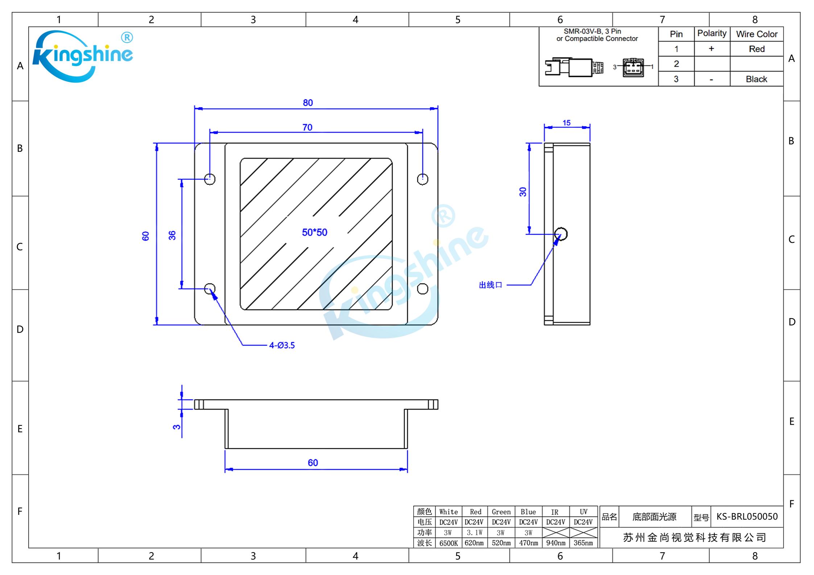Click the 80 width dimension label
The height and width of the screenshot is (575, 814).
pos(308,103)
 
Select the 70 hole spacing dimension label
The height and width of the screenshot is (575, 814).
pos(307,128)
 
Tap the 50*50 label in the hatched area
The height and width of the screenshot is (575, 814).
pos(314,232)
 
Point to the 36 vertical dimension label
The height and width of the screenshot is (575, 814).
pos(172,236)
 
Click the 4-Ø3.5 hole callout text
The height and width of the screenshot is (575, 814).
pos(282,345)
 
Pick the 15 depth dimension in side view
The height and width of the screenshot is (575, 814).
pos(566,123)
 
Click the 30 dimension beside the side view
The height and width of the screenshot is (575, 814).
pos(523,192)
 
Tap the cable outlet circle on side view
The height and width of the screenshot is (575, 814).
pos(561,234)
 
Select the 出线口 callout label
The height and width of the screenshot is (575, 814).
pos(491,285)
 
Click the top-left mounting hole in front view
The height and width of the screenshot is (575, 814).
pos(210,179)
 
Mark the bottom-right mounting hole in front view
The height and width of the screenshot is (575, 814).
pos(422,289)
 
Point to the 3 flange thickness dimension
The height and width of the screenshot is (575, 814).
pos(177,427)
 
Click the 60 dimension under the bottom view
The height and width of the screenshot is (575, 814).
pos(313,463)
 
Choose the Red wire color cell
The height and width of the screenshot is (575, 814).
pos(756,49)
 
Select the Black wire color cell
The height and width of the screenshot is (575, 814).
pos(756,79)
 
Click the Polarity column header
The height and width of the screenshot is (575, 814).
pos(712,34)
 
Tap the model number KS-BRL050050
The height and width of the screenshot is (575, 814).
pos(747,516)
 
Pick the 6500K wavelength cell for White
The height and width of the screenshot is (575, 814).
pos(449,543)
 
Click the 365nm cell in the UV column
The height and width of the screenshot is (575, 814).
pos(583,543)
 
